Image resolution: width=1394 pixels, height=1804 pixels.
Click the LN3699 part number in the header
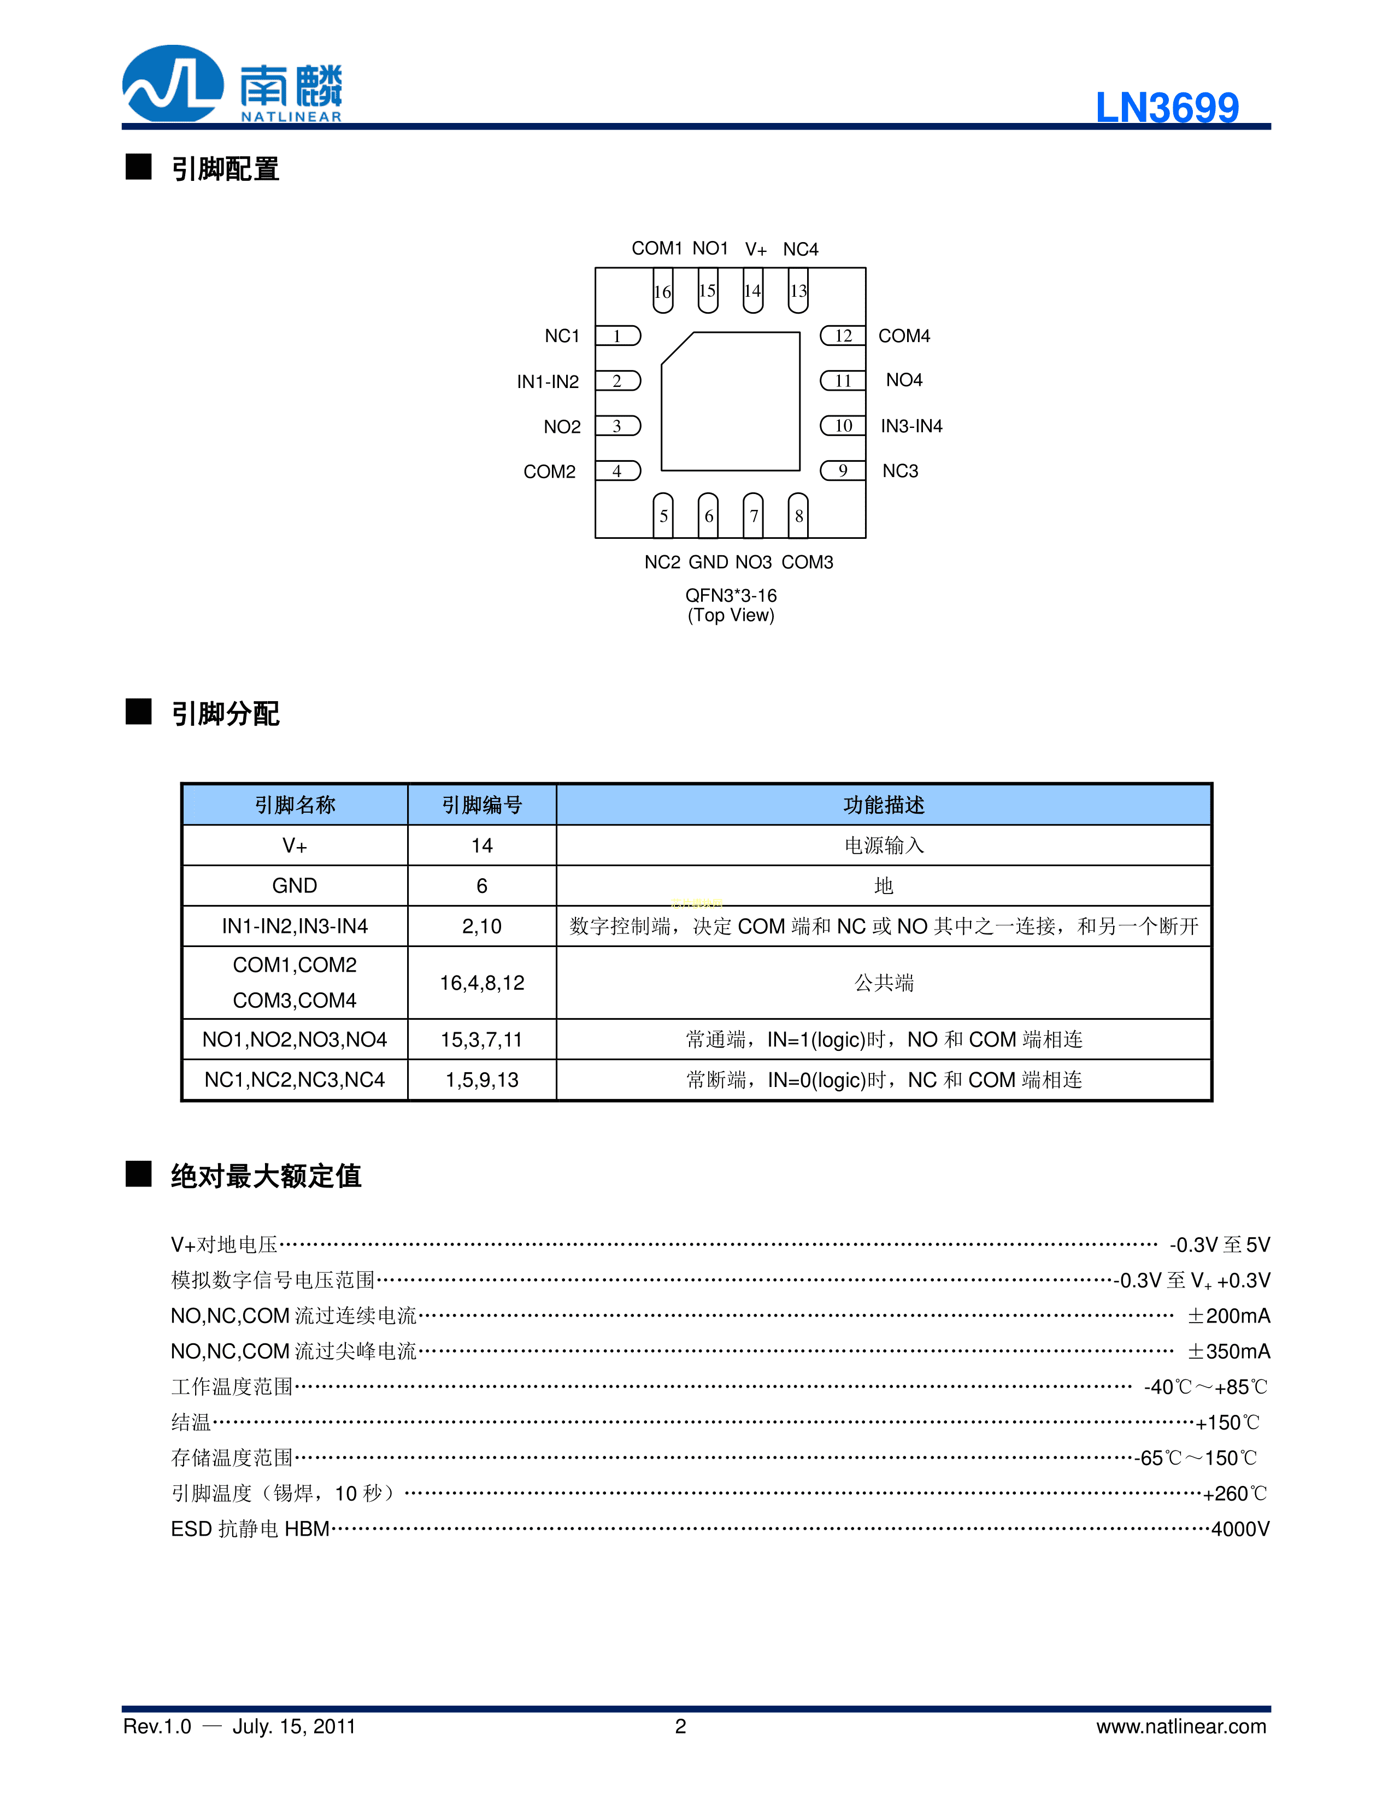tap(1166, 107)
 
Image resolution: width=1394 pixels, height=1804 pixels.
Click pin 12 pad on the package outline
tap(842, 336)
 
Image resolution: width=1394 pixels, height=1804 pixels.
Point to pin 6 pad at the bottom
tap(708, 515)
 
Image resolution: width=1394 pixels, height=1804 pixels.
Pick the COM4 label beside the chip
tap(903, 336)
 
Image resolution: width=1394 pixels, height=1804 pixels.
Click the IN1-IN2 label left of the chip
tap(548, 381)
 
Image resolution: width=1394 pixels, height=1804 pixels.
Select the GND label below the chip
tap(708, 562)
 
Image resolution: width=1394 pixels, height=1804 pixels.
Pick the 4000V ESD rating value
tap(1239, 1530)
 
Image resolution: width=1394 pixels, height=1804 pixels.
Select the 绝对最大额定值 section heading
tap(266, 1176)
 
